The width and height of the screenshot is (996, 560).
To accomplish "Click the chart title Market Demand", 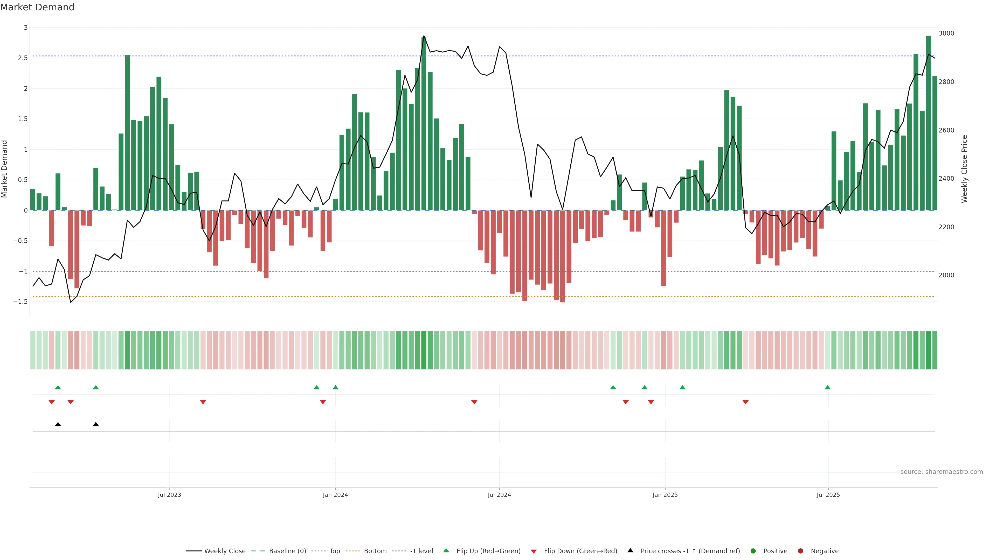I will point(37,7).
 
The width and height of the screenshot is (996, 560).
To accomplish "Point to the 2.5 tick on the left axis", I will point(23,58).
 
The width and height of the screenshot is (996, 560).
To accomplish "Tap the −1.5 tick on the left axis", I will point(20,302).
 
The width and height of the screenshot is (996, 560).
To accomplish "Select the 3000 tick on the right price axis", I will point(946,33).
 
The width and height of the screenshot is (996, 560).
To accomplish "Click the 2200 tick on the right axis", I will point(946,227).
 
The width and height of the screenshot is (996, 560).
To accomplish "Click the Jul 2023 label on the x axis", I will point(169,495).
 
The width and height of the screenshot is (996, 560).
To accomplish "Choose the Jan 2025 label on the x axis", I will point(665,495).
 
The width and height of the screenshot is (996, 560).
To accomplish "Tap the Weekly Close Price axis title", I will point(964,169).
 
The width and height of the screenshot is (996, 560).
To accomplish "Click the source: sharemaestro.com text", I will point(942,472).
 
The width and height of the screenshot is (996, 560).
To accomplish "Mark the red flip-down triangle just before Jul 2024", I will point(474,402).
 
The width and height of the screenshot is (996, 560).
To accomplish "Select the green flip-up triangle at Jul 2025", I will point(827,387).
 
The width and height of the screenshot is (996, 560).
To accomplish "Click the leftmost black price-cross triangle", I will point(58,424).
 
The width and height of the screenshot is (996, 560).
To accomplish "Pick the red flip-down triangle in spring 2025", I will point(745,402).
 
